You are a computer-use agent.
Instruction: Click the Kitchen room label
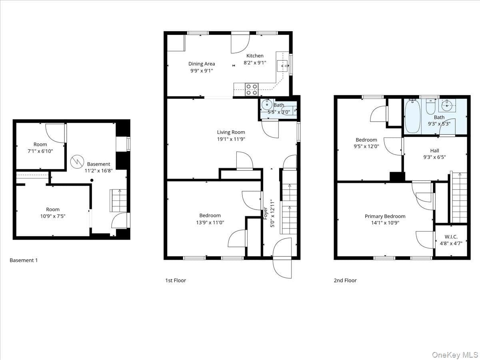click(x=255, y=56)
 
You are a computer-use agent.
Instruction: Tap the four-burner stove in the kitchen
click(x=252, y=90)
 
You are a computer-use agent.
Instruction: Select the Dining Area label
click(x=202, y=64)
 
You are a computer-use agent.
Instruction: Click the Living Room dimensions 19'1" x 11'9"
click(x=231, y=139)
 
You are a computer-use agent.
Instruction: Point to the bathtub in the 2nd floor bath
click(x=413, y=116)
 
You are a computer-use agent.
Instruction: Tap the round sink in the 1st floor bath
click(x=267, y=105)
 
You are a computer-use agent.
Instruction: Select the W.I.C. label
click(x=451, y=237)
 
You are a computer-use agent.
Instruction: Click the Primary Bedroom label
click(x=385, y=216)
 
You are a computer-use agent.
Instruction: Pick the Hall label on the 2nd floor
click(x=434, y=151)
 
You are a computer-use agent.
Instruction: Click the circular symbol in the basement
click(x=77, y=162)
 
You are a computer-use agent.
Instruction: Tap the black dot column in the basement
click(x=92, y=180)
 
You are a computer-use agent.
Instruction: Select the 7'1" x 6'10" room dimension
click(x=40, y=151)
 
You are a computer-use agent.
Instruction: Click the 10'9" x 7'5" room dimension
click(x=53, y=216)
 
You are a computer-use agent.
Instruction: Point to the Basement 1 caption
click(x=24, y=260)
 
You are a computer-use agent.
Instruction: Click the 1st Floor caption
click(x=176, y=280)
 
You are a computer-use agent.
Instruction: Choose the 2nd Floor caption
click(x=345, y=280)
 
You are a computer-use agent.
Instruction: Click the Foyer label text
click(x=265, y=213)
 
